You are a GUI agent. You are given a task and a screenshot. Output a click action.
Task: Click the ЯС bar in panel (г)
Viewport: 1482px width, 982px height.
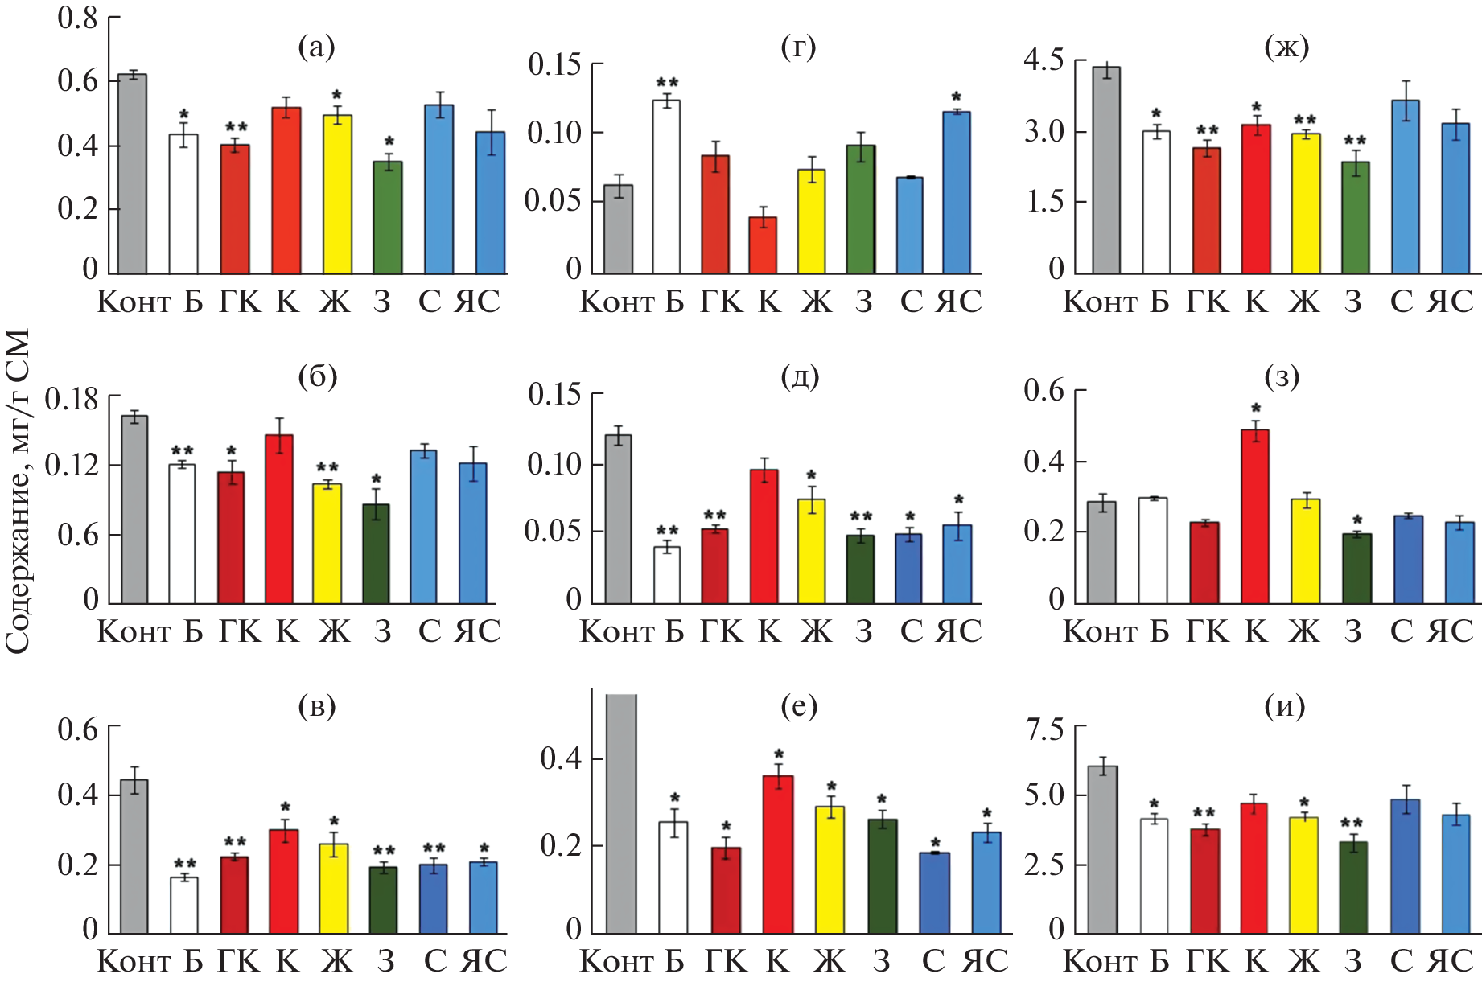tap(957, 193)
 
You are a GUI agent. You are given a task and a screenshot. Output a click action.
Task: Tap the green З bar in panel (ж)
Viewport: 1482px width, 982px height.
tap(1355, 217)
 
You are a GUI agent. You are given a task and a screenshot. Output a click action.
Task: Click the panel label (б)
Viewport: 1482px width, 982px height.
tap(317, 376)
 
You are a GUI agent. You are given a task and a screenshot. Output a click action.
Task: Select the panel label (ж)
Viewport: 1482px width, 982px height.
tap(1286, 47)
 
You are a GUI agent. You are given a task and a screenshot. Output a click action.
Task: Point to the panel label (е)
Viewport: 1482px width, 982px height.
tap(798, 706)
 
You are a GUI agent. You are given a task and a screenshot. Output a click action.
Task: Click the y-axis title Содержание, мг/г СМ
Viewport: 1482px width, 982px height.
tap(18, 491)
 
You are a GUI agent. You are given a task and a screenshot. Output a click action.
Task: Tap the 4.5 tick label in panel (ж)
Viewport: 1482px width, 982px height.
tap(1044, 60)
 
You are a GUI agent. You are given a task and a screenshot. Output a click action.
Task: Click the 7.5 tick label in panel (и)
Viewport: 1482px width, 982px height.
tap(1044, 729)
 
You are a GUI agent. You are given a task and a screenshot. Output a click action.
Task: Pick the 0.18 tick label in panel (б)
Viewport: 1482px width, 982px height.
tap(72, 399)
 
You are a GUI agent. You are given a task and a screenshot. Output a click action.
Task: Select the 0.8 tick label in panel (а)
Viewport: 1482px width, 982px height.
tap(77, 18)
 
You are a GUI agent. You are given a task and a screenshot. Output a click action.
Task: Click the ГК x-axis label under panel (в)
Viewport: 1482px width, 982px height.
tap(240, 961)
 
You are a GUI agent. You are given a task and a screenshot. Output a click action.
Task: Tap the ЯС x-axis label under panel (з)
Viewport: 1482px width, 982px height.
tap(1450, 632)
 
